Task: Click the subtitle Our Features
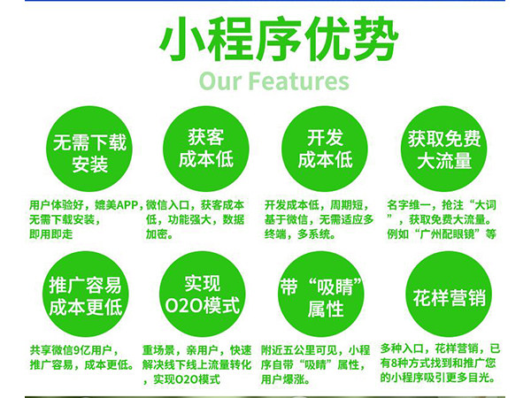[273, 82]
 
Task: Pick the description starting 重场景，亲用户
[199, 364]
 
